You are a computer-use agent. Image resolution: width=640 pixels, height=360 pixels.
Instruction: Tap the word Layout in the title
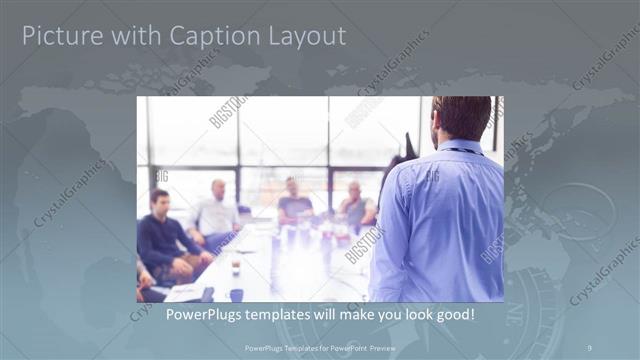pyautogui.click(x=306, y=37)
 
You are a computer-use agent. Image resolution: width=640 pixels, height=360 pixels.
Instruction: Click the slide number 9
pyautogui.click(x=589, y=348)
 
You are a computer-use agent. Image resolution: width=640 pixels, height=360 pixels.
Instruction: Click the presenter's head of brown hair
pyautogui.click(x=462, y=116)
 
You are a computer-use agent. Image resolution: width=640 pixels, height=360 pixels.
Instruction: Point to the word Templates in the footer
pyautogui.click(x=291, y=348)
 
